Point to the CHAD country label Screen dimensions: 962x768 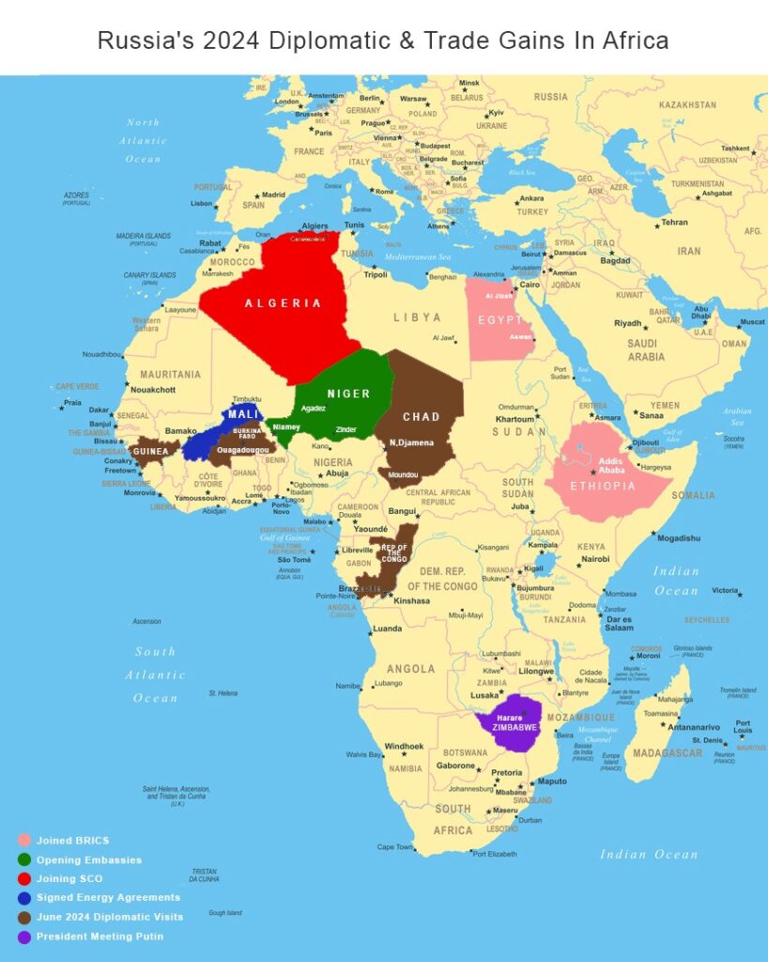click(x=421, y=417)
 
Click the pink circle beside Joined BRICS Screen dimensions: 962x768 click(x=23, y=840)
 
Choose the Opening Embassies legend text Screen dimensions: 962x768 click(x=89, y=860)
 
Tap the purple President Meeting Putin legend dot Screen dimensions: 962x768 click(x=23, y=936)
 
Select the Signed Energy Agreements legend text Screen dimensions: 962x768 click(x=108, y=897)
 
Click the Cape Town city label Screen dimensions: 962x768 click(x=394, y=846)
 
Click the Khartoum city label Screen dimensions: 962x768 click(x=515, y=419)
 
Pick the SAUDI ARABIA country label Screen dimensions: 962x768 click(x=646, y=349)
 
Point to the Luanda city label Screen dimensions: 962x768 click(x=387, y=628)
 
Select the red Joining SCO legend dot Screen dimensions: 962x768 click(x=23, y=878)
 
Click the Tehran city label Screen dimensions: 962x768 click(x=674, y=223)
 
